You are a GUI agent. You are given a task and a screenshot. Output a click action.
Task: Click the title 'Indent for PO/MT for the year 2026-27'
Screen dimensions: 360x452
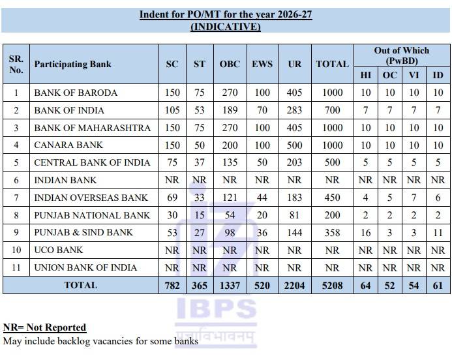[226, 14]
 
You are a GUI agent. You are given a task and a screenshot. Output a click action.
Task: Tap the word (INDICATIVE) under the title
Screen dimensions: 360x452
[226, 27]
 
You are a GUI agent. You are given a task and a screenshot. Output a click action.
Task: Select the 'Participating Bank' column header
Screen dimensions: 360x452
[72, 64]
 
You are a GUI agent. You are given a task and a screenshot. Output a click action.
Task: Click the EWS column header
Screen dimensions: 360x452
[262, 64]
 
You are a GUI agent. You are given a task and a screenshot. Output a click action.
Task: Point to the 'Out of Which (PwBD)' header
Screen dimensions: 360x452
[402, 55]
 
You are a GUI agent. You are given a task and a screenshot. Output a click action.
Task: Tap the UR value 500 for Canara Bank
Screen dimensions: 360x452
[294, 145]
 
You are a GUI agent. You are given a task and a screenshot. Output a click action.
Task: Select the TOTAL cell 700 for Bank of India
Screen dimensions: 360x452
[332, 110]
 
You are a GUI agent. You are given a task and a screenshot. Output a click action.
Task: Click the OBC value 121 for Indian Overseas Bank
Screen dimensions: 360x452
[230, 198]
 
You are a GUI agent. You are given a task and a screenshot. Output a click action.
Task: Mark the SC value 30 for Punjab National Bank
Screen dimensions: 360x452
[172, 215]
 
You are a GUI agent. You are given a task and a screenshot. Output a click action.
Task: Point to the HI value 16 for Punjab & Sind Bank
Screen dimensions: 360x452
[366, 232]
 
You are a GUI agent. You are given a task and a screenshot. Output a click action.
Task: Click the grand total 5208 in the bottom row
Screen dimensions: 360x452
[332, 285]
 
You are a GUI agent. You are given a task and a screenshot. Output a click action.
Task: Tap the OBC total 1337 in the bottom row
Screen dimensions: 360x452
[230, 285]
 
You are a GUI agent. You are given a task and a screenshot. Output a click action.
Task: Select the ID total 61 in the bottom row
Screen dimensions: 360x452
[438, 285]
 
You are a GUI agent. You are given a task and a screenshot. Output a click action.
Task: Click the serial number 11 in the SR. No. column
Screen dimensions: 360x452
[16, 267]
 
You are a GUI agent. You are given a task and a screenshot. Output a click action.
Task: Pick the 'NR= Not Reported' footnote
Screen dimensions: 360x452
[44, 327]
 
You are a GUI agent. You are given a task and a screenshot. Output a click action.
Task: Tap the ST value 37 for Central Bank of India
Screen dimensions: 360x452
[199, 162]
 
